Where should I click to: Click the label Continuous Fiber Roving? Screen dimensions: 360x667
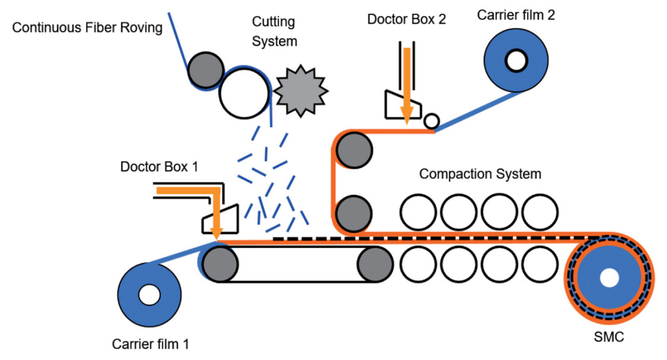(87, 28)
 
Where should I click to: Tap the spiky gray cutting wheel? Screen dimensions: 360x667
(300, 91)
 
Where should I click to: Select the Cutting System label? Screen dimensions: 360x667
(274, 31)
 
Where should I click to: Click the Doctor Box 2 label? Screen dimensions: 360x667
(406, 19)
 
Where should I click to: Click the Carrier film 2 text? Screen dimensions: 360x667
(515, 15)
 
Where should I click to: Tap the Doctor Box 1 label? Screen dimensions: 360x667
(159, 167)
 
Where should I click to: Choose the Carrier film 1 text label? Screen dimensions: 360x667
(150, 344)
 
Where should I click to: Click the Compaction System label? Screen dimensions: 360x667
(480, 174)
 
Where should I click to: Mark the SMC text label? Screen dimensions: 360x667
(609, 337)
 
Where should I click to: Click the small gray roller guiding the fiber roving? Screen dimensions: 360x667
(206, 70)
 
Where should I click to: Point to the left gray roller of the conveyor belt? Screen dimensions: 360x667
(220, 264)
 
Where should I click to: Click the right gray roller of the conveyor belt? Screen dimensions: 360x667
(375, 264)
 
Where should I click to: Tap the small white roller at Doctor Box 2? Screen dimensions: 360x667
(432, 121)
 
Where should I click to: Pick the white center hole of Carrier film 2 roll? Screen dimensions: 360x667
(516, 61)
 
